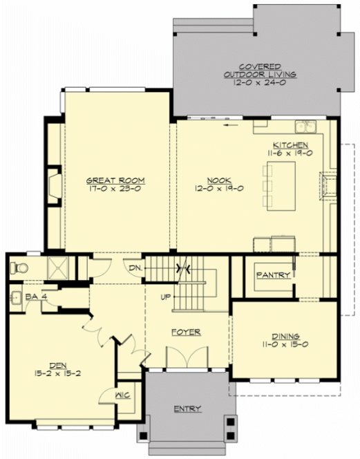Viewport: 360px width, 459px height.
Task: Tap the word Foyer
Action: click(x=187, y=332)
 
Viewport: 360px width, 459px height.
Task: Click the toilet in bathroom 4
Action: click(x=20, y=268)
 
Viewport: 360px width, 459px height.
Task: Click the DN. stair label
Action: click(x=135, y=268)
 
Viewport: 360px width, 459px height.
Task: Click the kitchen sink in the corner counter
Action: click(x=304, y=127)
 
